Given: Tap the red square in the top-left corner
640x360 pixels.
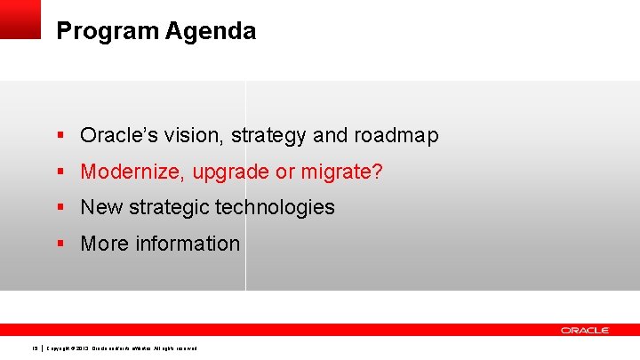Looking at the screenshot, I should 20,19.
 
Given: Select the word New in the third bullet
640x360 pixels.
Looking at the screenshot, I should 100,207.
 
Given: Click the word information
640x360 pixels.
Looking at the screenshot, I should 187,244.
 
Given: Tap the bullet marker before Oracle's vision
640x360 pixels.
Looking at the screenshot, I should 60,136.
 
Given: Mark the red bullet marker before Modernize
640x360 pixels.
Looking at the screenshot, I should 60,172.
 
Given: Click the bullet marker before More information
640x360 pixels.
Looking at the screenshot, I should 60,244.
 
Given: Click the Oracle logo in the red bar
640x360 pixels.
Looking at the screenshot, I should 584,330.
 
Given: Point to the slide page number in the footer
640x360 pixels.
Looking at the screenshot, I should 35,348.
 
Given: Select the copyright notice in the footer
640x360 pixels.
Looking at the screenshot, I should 122,348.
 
